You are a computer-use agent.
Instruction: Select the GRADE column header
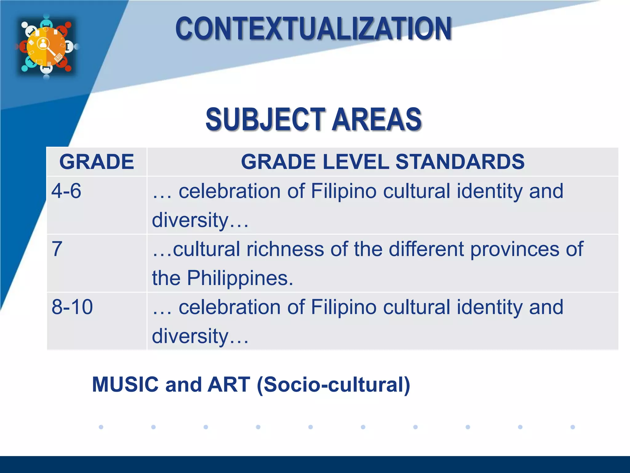click(x=97, y=162)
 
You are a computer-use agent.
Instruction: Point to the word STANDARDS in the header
click(x=460, y=162)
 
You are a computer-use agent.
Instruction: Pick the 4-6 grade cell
click(x=66, y=191)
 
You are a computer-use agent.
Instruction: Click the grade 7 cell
click(x=57, y=249)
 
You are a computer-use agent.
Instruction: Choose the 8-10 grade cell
click(x=72, y=307)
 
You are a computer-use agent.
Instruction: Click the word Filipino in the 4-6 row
click(x=344, y=191)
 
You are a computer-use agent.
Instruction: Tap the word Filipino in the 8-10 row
click(x=344, y=307)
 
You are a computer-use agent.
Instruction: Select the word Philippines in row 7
click(x=240, y=278)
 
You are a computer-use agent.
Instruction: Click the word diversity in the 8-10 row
click(x=190, y=336)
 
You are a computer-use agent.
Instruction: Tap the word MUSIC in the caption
click(x=125, y=385)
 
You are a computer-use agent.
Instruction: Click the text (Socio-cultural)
click(x=333, y=385)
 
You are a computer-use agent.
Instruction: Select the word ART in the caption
click(x=229, y=385)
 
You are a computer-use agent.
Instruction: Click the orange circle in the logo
click(x=46, y=47)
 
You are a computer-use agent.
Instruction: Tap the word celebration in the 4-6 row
click(x=230, y=191)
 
